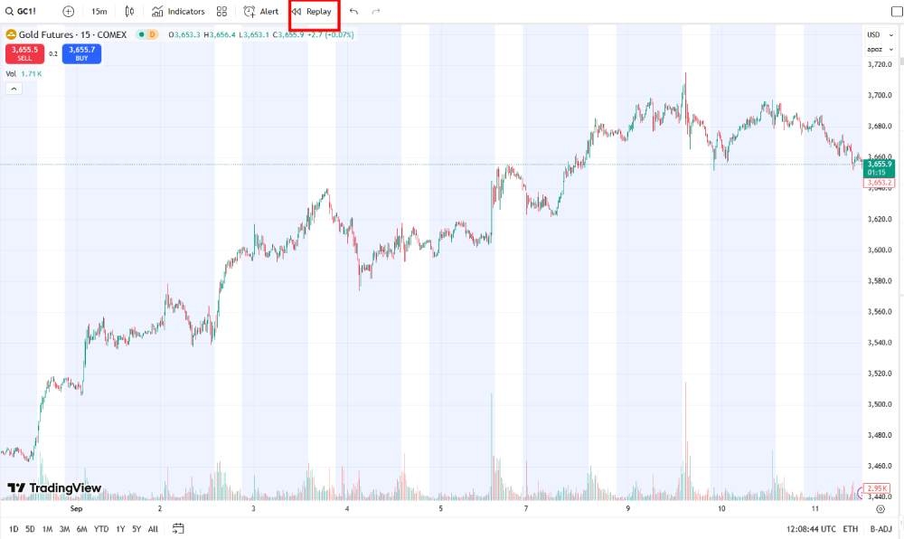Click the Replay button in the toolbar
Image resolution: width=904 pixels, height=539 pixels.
tap(312, 12)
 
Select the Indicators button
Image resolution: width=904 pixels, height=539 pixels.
tap(178, 12)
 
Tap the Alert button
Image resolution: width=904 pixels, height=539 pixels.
tap(261, 12)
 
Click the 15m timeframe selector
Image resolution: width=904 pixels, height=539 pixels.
tap(99, 12)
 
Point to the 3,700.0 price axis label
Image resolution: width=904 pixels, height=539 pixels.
tap(880, 95)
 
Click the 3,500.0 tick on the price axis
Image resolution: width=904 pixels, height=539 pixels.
tap(880, 404)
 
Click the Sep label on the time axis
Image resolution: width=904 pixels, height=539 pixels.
tap(76, 508)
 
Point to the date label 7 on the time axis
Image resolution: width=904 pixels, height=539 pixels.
tap(525, 508)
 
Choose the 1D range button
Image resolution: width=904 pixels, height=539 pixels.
tap(14, 528)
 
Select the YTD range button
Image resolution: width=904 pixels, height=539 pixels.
tap(100, 528)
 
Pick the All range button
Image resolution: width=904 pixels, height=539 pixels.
tap(153, 528)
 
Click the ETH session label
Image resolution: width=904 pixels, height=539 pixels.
tap(850, 528)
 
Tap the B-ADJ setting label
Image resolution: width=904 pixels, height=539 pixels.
tap(880, 528)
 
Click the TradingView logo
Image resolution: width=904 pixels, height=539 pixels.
tap(54, 488)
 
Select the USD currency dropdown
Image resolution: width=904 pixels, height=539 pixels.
tap(874, 34)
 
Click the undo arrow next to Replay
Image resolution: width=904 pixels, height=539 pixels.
tap(353, 12)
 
